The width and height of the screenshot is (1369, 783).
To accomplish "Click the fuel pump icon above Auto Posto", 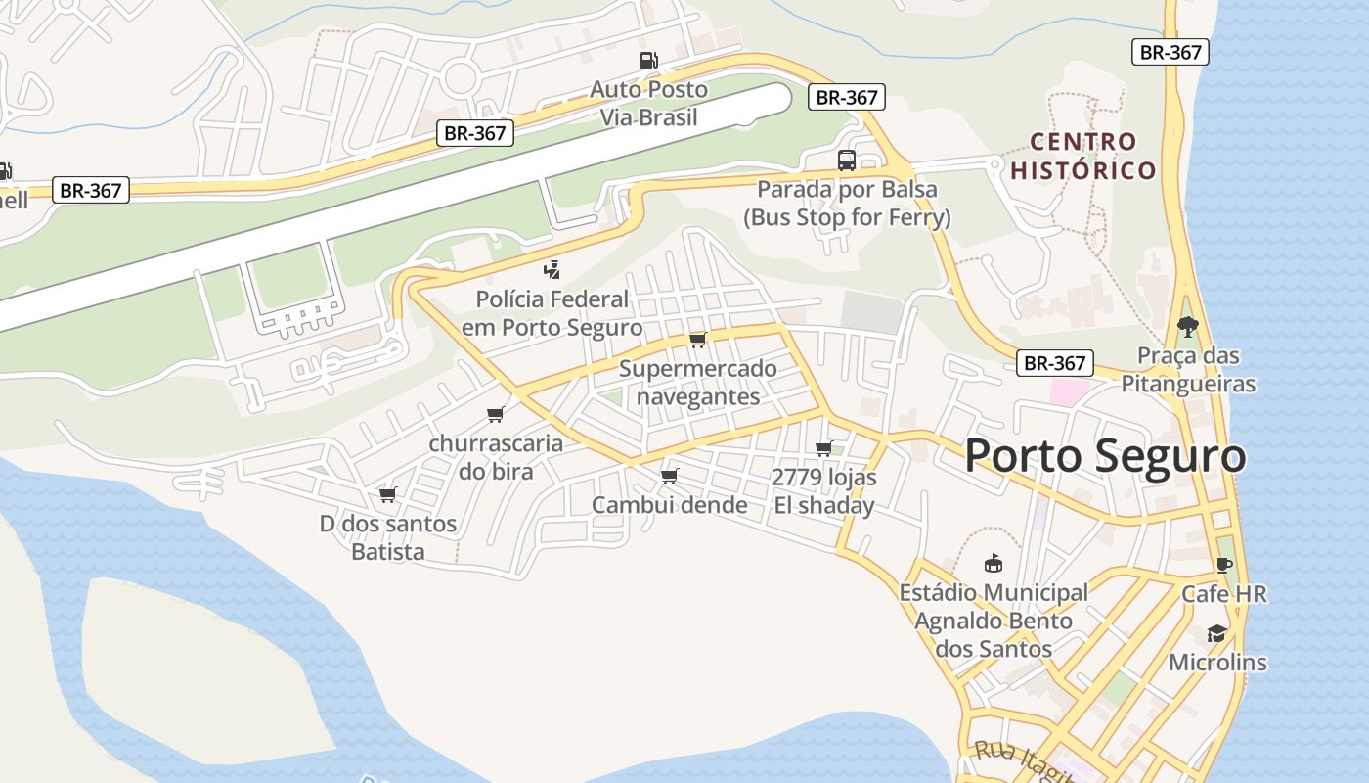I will click(x=648, y=61).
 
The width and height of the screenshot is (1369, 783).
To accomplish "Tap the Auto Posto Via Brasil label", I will click(x=648, y=103).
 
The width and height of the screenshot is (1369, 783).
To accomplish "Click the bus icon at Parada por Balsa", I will click(x=847, y=161).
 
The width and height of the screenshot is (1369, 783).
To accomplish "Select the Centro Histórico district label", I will click(x=1083, y=157).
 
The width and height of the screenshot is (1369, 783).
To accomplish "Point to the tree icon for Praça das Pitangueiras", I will click(x=1187, y=327).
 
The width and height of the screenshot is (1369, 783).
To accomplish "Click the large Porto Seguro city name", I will click(x=1105, y=457).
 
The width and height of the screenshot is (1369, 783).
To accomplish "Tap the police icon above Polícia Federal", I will click(x=552, y=270).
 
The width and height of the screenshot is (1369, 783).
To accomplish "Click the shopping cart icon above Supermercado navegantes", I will click(x=697, y=340).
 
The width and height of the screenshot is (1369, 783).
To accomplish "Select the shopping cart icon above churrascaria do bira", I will click(x=496, y=415).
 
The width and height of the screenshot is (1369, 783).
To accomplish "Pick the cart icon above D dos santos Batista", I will click(x=388, y=494).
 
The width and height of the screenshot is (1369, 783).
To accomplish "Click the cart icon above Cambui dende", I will click(x=670, y=477).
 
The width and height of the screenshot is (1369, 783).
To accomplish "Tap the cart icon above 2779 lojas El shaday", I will click(x=823, y=449).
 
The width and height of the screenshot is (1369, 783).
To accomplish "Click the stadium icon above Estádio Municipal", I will click(x=994, y=564).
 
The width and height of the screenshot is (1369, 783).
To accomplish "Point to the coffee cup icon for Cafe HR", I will click(x=1223, y=565).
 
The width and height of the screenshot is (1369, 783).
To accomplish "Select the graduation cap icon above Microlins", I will click(x=1216, y=634).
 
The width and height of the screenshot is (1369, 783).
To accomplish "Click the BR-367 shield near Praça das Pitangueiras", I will click(x=1055, y=363).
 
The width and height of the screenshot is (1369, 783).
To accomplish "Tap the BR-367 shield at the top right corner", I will click(x=1170, y=52).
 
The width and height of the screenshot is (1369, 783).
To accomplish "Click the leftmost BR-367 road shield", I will click(x=90, y=190).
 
